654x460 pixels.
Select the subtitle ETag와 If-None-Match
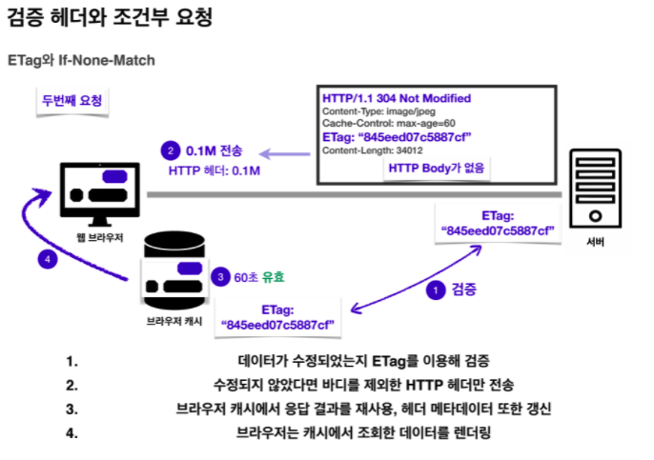(81, 59)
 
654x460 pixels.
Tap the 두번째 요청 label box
(72, 100)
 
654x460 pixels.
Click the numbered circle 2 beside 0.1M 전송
(171, 151)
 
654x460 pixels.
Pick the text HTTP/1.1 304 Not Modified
(397, 98)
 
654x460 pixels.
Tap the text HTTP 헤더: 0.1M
(215, 171)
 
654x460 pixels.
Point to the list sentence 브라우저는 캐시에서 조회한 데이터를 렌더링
(378, 432)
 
